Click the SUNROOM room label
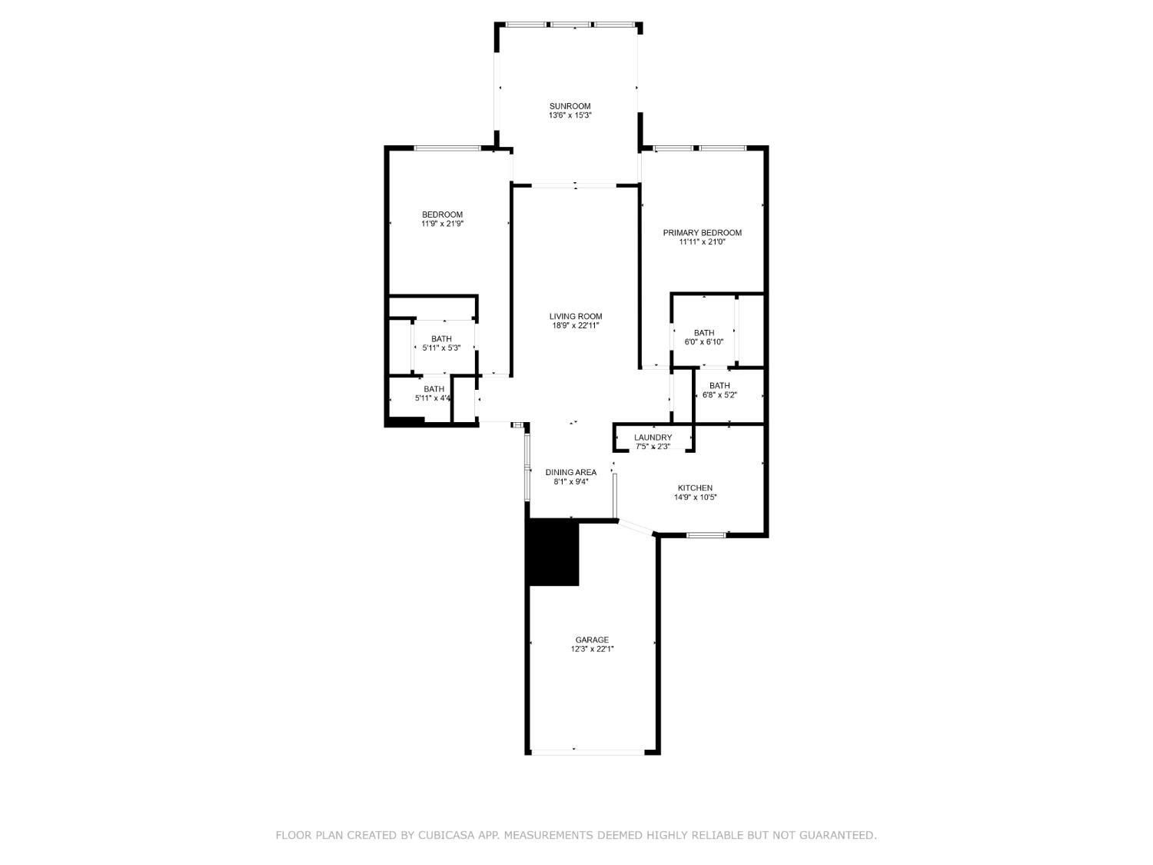click(570, 106)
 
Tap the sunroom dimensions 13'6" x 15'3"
click(570, 115)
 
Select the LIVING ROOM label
click(575, 316)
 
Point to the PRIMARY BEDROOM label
click(702, 233)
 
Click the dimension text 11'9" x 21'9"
click(442, 224)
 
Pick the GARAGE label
click(591, 640)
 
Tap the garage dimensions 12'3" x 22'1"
click(592, 649)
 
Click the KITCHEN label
click(695, 488)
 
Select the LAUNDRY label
click(653, 437)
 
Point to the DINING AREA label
click(570, 472)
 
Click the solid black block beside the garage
click(553, 552)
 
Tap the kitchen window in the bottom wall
click(706, 535)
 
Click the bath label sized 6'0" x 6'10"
click(704, 333)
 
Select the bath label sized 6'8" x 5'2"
click(719, 385)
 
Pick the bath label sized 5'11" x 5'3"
click(441, 339)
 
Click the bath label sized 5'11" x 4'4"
click(434, 389)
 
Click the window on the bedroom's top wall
click(447, 148)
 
